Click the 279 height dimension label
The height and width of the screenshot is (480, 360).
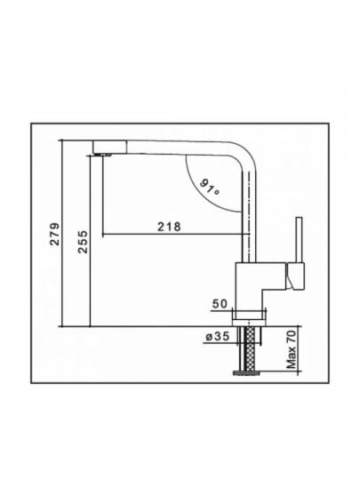tap(55, 234)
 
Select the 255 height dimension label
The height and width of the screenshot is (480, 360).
tap(83, 242)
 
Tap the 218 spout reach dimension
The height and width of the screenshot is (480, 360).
tap(169, 227)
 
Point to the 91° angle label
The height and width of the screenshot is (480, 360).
tap(210, 188)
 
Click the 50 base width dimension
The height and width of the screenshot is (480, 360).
tap(220, 304)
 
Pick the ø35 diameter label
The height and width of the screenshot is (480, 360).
tap(218, 336)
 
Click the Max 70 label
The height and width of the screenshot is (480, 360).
tap(292, 349)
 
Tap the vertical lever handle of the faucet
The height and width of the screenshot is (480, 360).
tap(299, 240)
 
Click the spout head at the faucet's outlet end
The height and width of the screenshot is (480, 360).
tap(109, 147)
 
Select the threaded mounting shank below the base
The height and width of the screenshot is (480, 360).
tap(250, 348)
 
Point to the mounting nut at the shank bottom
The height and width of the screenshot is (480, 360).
tap(247, 372)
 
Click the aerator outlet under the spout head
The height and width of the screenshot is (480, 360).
tap(103, 155)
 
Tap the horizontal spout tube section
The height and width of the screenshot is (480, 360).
tap(178, 148)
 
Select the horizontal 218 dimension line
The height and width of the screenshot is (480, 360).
tap(176, 235)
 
